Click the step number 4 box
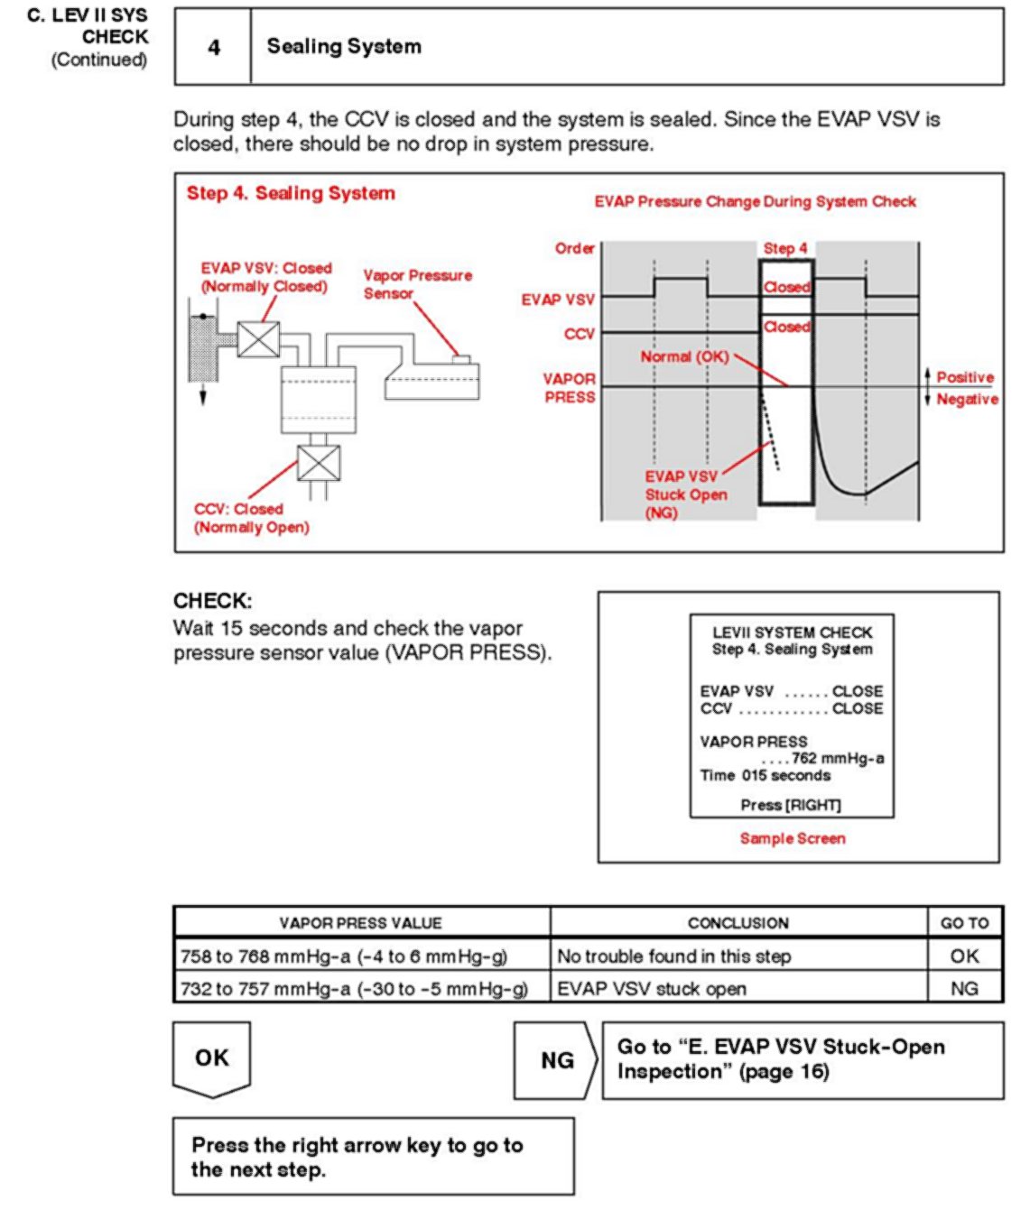tap(213, 47)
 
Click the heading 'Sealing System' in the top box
tap(344, 47)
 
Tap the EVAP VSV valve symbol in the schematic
tap(258, 339)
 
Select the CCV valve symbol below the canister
tap(319, 463)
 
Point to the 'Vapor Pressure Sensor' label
tap(416, 284)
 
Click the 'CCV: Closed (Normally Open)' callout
tap(250, 518)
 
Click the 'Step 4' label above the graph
tap(785, 248)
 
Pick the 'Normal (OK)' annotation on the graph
tap(683, 356)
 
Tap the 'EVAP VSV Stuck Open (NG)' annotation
tap(685, 494)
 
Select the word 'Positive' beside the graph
tap(965, 377)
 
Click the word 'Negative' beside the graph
tap(967, 399)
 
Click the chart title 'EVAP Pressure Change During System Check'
tap(755, 201)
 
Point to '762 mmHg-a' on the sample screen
tap(837, 758)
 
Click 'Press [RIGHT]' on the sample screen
tap(791, 805)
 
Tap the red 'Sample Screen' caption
tap(793, 838)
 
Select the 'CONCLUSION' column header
tap(738, 923)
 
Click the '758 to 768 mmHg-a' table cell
tap(344, 956)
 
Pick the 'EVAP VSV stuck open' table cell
tap(652, 989)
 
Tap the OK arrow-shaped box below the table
tap(212, 1058)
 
